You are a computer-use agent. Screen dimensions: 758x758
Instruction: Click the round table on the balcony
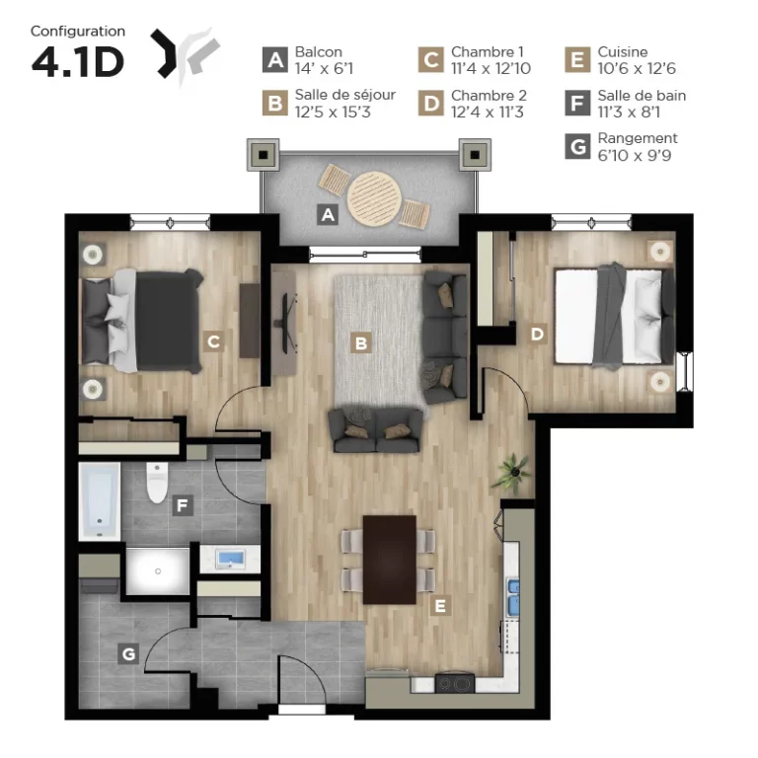(x=374, y=198)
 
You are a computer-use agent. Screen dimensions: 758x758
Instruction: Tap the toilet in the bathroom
(x=157, y=483)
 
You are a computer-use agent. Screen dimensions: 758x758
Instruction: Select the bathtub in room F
(x=100, y=501)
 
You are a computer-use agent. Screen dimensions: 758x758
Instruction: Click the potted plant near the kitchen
(x=512, y=473)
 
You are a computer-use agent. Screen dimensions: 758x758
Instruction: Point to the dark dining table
(x=390, y=560)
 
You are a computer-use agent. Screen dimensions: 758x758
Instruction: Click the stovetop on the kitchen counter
(x=454, y=684)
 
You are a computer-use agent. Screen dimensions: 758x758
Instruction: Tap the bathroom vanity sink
(x=230, y=559)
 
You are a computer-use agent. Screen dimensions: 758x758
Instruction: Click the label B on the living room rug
(x=360, y=342)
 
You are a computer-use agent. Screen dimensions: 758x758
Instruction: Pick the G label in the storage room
(x=128, y=654)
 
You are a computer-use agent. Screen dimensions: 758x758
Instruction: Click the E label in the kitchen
(x=440, y=606)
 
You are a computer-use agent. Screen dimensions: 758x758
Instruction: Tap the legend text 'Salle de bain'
(x=642, y=95)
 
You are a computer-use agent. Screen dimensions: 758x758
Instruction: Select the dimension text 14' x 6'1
(x=324, y=69)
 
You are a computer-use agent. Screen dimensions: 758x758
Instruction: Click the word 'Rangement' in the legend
(x=638, y=139)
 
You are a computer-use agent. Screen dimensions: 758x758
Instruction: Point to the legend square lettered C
(x=430, y=60)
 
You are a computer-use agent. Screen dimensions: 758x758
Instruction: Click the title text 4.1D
(x=78, y=62)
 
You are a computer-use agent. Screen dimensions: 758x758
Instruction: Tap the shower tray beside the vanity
(x=158, y=570)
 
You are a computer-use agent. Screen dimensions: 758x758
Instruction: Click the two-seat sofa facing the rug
(x=375, y=430)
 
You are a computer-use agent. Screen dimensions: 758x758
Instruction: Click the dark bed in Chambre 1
(x=141, y=321)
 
